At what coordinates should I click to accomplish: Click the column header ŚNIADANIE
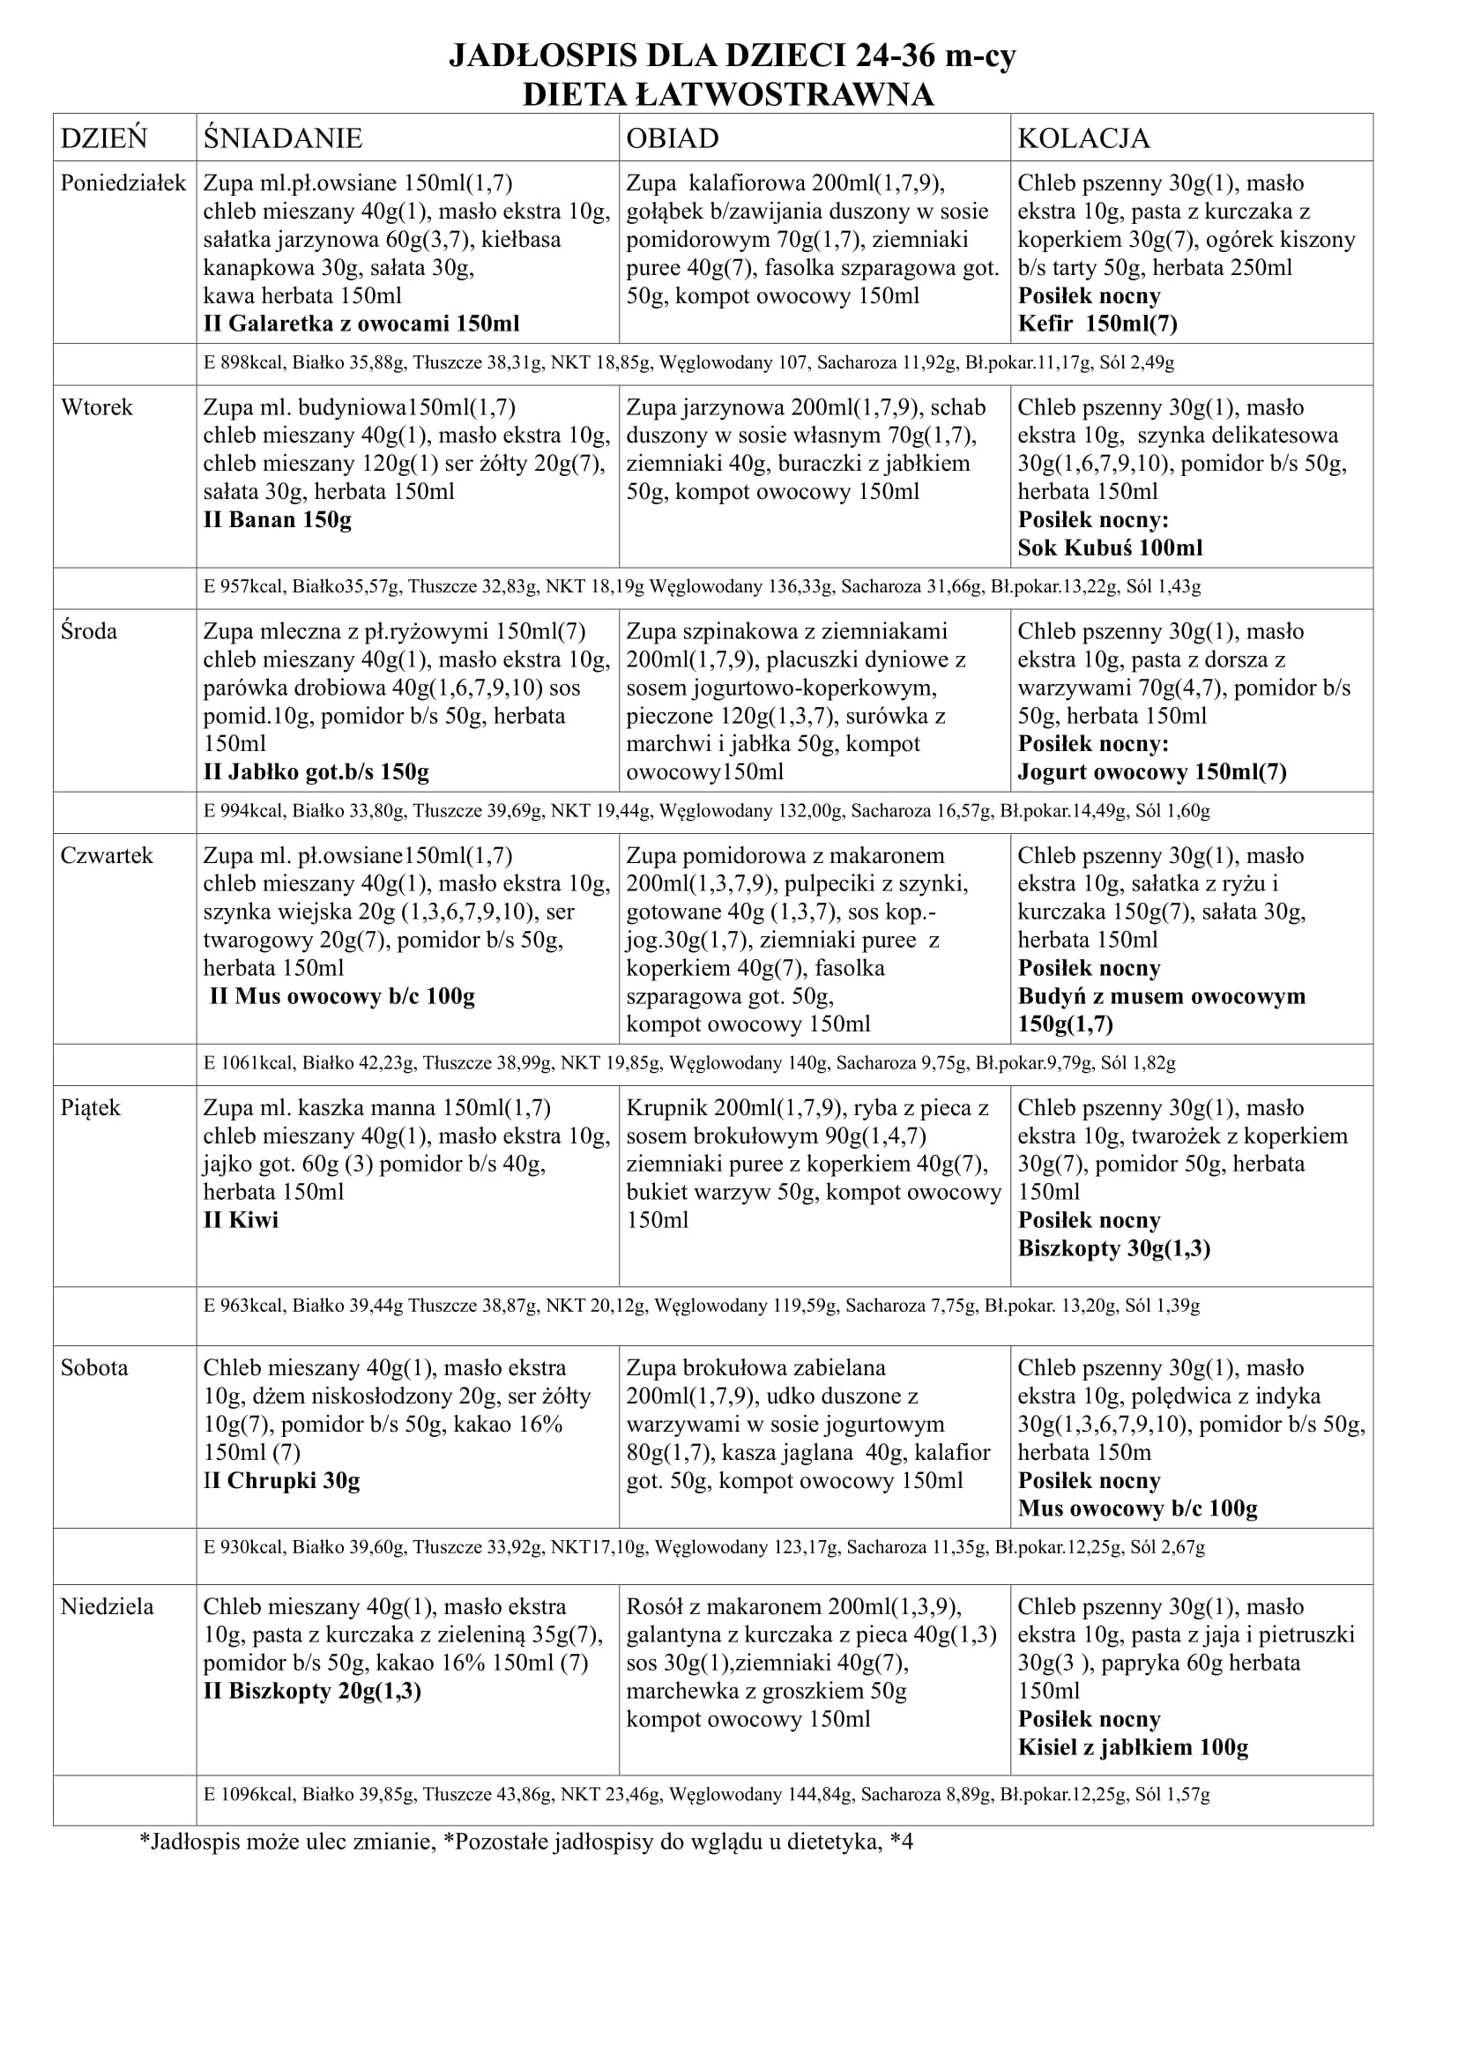click(x=282, y=138)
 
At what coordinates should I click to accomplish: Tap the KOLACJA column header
click(x=1082, y=138)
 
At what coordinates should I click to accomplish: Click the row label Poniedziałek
click(x=123, y=183)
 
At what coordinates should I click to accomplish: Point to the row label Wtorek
click(x=96, y=408)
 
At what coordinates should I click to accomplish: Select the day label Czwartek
click(x=107, y=856)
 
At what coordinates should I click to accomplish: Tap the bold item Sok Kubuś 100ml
click(x=1110, y=547)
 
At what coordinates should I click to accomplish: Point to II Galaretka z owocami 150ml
click(x=361, y=324)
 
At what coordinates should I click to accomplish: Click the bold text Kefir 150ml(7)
click(x=1097, y=324)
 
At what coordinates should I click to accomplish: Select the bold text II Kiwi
click(x=241, y=1220)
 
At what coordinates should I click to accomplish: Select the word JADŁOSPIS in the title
click(x=532, y=57)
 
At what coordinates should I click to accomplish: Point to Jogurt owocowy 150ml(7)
click(x=1152, y=772)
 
